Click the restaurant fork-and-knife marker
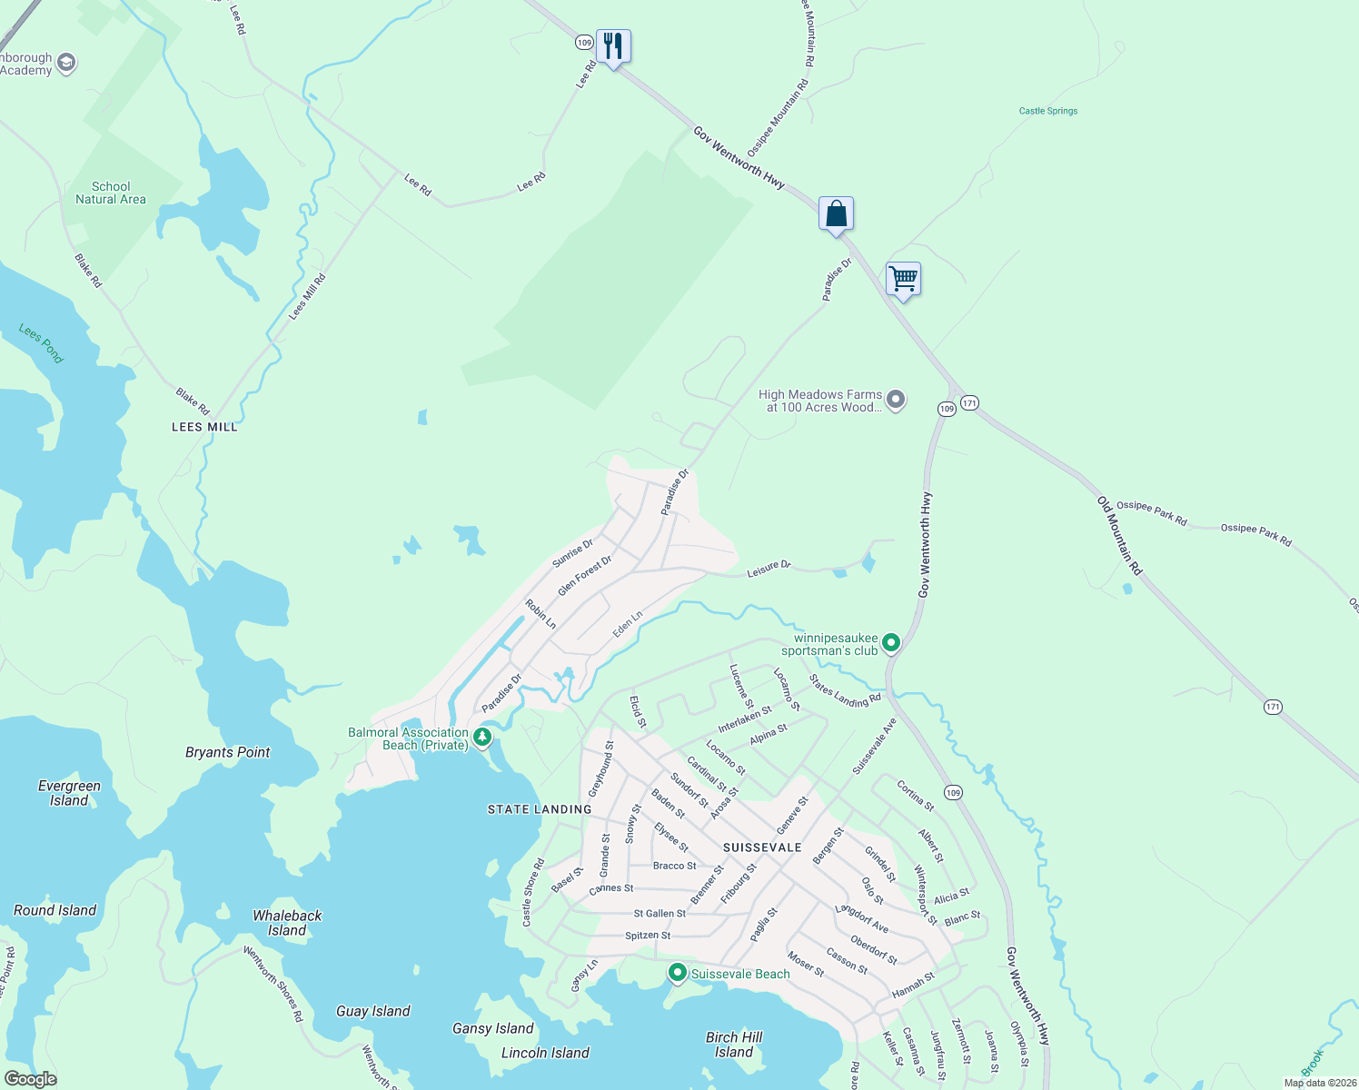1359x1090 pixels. tap(613, 45)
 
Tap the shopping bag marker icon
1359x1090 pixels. tap(836, 214)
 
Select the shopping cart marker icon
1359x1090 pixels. tap(903, 279)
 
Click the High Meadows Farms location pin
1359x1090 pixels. tap(896, 400)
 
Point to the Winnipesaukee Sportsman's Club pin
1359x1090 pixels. tap(891, 643)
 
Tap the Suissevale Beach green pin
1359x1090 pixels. tap(677, 973)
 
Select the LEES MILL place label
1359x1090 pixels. tap(204, 427)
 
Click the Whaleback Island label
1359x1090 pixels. tap(287, 923)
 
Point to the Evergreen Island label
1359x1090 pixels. tap(69, 793)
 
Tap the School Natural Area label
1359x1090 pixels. tap(111, 193)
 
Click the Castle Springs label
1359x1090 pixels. tap(1048, 111)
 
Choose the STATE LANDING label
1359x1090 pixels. tap(540, 809)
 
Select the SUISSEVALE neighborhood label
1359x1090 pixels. tap(762, 847)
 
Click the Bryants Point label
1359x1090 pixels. tap(227, 752)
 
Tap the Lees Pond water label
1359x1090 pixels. tap(41, 343)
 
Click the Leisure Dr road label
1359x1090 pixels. tap(769, 568)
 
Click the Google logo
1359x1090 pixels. tap(30, 1079)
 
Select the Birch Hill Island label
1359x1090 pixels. tap(734, 1045)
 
